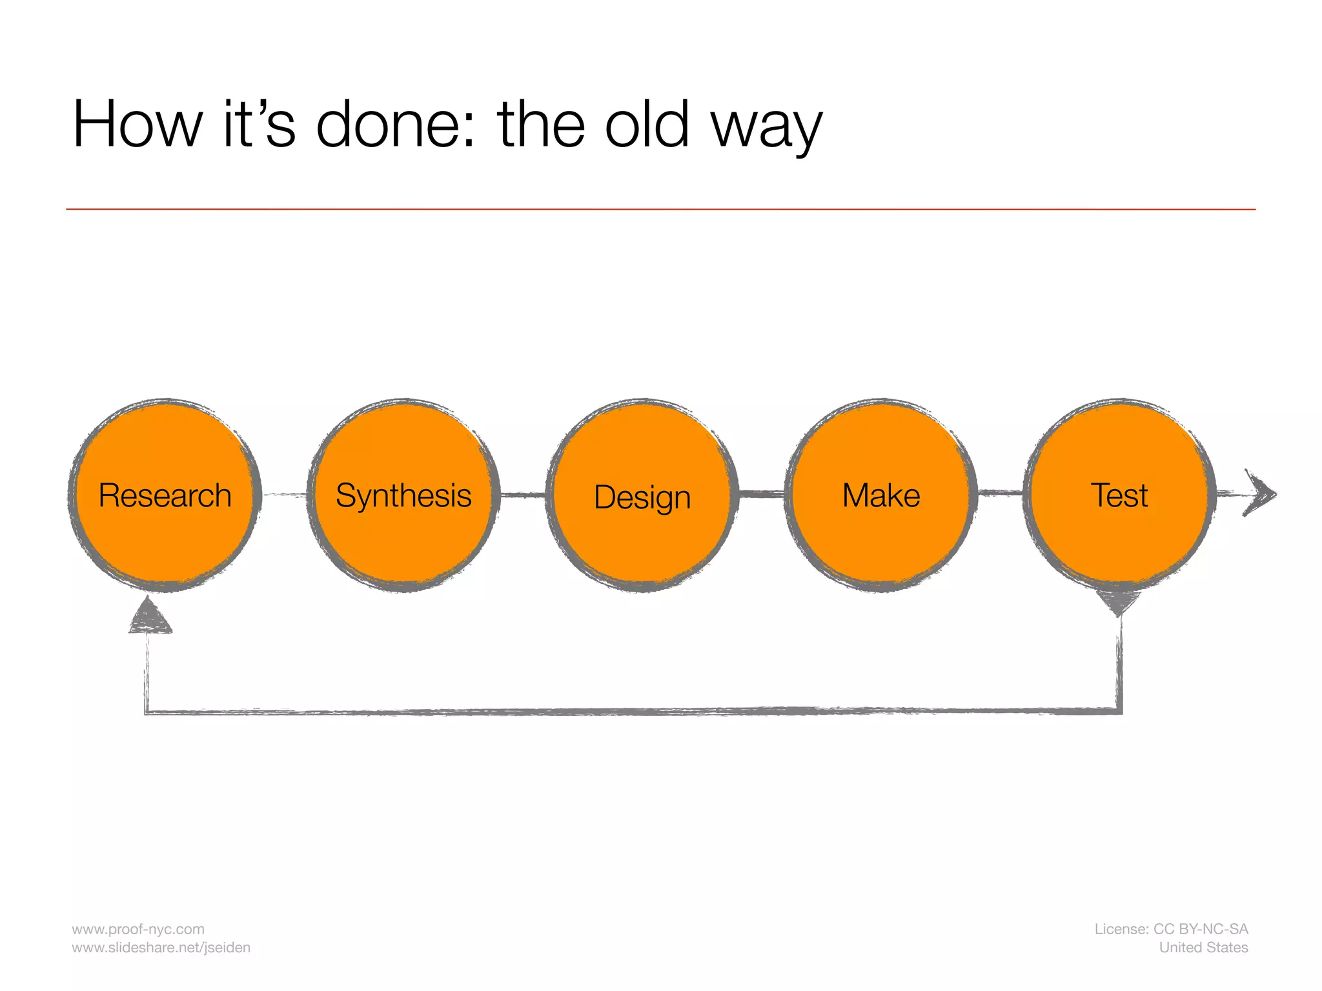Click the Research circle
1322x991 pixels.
click(165, 495)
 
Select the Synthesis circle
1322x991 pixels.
click(404, 495)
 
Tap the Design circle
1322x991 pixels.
click(642, 495)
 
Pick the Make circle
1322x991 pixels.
click(881, 495)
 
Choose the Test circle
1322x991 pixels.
click(1119, 495)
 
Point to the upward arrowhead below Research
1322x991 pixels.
click(150, 617)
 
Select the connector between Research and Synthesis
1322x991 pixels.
click(285, 495)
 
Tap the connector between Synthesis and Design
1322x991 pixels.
click(524, 495)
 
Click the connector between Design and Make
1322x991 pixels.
click(762, 494)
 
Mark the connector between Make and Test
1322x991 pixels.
click(1001, 494)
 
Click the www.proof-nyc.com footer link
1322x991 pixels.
click(138, 929)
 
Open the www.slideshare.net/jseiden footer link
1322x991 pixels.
click(161, 948)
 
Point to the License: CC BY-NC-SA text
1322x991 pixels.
click(1171, 929)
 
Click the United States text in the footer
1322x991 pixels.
click(1203, 948)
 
